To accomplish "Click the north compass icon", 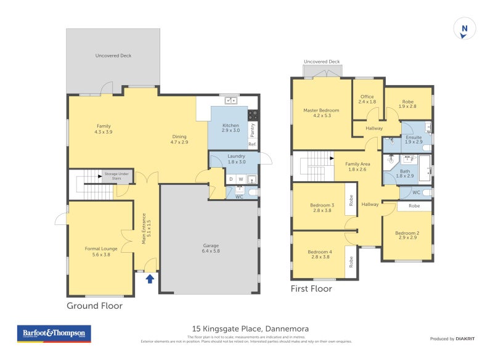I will [465, 29].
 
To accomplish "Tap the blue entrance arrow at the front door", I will [150, 279].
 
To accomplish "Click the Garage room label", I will [211, 248].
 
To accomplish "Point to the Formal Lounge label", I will [100, 252].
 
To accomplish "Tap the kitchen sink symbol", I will [232, 100].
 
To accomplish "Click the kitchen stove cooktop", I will [253, 115].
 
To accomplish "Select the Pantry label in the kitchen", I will [252, 129].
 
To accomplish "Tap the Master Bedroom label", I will [321, 113].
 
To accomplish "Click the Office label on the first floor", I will [367, 99].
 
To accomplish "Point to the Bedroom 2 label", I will [407, 234].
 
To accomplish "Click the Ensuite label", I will [413, 140].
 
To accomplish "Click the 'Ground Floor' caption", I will [94, 306].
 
